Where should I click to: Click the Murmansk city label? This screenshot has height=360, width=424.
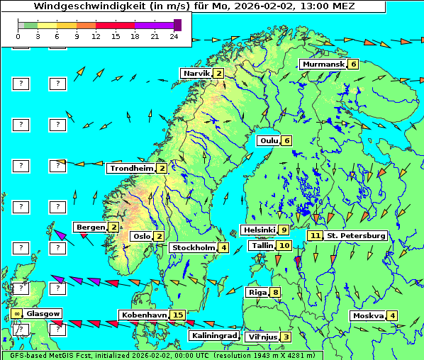[x=323, y=64]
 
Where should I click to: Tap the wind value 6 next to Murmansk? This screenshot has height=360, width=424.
[x=353, y=64]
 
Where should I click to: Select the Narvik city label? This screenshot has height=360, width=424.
[x=196, y=74]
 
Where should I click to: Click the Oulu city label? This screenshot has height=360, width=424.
[x=269, y=140]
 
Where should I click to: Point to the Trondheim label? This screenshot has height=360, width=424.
[x=131, y=169]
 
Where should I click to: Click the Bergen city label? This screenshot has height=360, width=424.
[x=91, y=227]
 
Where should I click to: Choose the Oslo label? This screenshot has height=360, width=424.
[x=142, y=237]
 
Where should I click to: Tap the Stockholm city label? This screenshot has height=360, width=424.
[x=193, y=247]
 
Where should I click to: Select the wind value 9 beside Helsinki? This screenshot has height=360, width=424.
[x=284, y=230]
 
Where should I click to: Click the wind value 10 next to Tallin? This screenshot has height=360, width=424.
[x=284, y=245]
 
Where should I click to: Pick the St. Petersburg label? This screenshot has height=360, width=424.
[x=356, y=235]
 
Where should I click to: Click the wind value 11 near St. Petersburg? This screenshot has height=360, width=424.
[x=315, y=235]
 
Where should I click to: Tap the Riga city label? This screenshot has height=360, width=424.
[x=256, y=292]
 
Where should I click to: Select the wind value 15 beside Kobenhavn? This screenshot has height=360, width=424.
[x=178, y=315]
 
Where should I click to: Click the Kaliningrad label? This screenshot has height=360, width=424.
[x=213, y=335]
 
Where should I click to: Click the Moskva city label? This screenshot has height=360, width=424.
[x=368, y=315]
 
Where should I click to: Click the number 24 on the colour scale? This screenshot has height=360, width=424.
[x=174, y=35]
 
